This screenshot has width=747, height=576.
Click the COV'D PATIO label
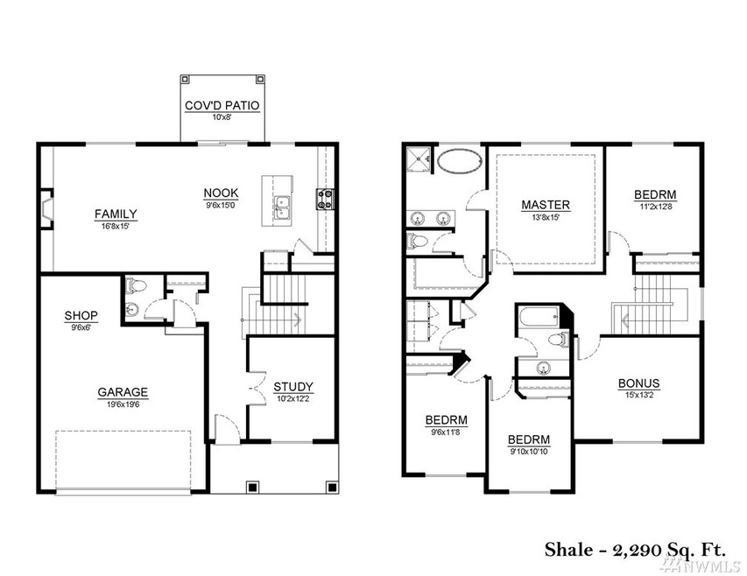[x=222, y=106]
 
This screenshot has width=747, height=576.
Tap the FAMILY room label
[x=116, y=214]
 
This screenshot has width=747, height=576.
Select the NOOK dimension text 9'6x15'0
[x=221, y=206]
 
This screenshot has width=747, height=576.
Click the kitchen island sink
[x=283, y=208]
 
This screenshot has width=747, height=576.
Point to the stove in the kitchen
[x=326, y=199]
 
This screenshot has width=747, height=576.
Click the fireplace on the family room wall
[x=46, y=209]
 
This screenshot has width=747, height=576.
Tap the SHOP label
[x=81, y=316]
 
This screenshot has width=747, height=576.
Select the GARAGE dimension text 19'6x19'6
[x=123, y=405]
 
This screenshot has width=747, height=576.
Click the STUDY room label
[x=293, y=387]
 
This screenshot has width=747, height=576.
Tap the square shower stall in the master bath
[x=419, y=158]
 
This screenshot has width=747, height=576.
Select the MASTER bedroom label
[x=546, y=205]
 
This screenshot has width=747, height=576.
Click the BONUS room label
[x=639, y=383]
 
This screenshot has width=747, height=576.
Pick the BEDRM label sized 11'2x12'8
[x=655, y=194]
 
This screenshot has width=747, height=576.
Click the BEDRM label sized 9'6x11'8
[x=447, y=420]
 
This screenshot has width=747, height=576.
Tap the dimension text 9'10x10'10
[x=529, y=452]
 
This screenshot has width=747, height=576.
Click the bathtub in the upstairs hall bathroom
[x=539, y=318]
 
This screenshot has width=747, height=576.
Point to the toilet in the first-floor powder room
[x=136, y=286]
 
